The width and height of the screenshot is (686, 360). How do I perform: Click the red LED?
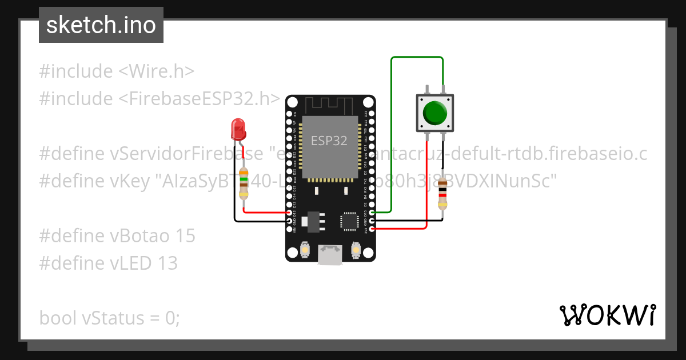[x=238, y=129]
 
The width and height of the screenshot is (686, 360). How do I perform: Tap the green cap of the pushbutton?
[x=435, y=113]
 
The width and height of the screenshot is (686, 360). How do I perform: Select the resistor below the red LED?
[x=244, y=183]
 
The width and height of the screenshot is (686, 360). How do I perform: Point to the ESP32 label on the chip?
[x=329, y=141]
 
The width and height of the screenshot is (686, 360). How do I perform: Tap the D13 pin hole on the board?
[x=289, y=213]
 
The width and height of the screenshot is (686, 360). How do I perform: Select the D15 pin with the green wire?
[x=372, y=213]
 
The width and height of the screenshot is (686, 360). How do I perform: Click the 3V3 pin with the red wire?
[x=372, y=229]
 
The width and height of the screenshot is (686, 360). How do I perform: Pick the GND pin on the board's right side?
[x=372, y=221]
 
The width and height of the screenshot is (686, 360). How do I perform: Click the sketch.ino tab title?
[x=101, y=25]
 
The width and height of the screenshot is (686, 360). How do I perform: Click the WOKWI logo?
[x=607, y=315]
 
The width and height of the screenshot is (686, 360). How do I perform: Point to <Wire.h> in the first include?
[x=156, y=71]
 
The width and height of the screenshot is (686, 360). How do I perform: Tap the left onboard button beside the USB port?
[x=305, y=250]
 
